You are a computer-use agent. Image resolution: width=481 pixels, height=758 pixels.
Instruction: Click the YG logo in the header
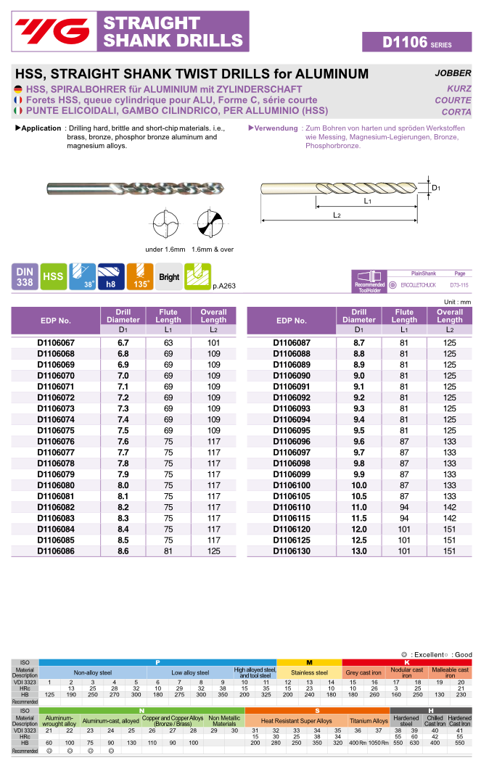point(54,31)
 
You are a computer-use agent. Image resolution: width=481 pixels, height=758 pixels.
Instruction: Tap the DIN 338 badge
point(25,277)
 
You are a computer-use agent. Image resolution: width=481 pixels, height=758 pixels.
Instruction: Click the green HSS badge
point(53,277)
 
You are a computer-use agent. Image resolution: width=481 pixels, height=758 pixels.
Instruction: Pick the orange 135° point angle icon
point(140,277)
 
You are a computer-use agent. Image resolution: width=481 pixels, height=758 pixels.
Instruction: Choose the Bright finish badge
point(169,277)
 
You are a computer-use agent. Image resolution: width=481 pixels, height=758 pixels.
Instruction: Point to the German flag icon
point(18,89)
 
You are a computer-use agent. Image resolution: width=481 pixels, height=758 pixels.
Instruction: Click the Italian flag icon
point(18,111)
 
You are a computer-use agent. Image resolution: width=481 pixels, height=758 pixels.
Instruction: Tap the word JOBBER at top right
point(453,73)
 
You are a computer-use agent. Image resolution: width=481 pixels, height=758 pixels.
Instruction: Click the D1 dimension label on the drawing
point(436,187)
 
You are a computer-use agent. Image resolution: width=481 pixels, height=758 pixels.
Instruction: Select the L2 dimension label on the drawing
point(337,215)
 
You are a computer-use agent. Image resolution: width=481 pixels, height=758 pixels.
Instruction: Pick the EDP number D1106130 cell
point(291,551)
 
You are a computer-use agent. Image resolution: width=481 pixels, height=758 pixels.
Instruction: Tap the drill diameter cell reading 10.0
point(359,485)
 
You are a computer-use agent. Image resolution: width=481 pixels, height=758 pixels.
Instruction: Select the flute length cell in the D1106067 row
point(168,342)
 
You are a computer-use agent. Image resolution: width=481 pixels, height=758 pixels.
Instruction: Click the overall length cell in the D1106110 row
point(450,507)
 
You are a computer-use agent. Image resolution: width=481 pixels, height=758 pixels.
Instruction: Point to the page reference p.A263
point(224,286)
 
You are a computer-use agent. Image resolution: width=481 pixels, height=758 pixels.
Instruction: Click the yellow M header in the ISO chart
point(309,663)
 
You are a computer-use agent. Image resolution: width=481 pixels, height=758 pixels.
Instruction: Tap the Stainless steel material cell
point(309,672)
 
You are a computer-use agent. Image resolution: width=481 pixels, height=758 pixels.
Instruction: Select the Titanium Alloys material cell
point(369,721)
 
